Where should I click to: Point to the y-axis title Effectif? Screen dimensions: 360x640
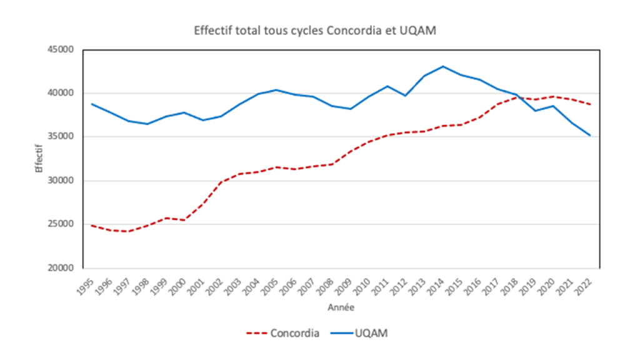coord(39,159)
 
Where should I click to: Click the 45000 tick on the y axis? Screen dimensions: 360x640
coord(61,49)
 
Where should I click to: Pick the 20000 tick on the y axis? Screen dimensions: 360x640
coord(61,268)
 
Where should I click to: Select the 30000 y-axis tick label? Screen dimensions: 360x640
coord(61,181)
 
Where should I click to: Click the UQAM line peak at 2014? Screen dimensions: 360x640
coord(442,66)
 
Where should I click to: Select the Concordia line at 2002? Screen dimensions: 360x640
coord(221,182)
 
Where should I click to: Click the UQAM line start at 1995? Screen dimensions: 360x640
coord(92,104)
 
